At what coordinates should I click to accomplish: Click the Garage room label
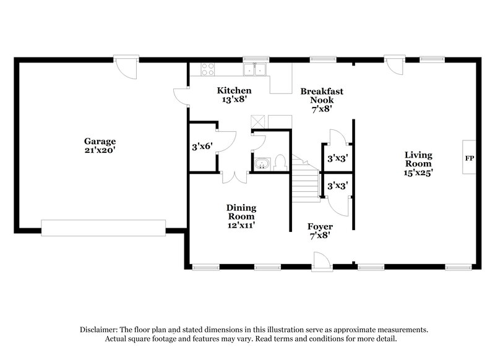[x=100, y=145]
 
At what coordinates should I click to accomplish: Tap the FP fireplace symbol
[x=470, y=159]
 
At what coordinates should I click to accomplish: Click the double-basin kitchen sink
[x=255, y=69]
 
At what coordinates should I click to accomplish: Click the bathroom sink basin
[x=261, y=164]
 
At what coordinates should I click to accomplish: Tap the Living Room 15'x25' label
[x=418, y=164]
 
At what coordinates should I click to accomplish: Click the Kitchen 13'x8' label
[x=229, y=95]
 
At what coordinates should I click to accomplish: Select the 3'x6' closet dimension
[x=202, y=147]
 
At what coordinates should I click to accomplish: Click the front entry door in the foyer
[x=322, y=260]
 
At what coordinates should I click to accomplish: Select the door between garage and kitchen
[x=181, y=96]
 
